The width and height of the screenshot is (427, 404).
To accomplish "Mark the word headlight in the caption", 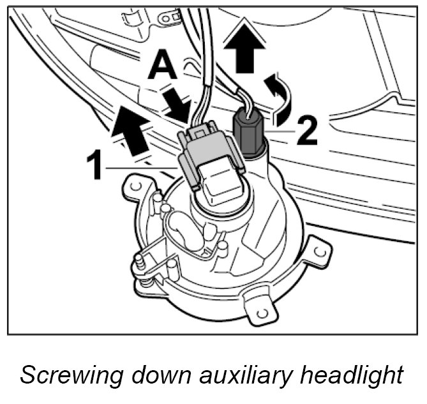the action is click(361, 375).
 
